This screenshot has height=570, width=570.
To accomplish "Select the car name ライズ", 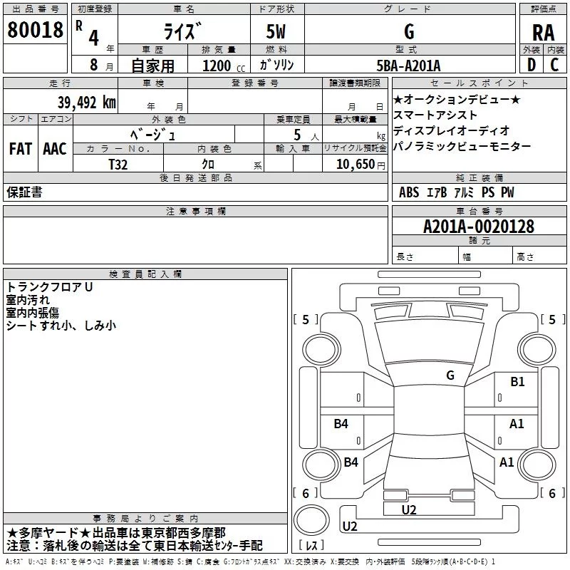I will [x=185, y=32].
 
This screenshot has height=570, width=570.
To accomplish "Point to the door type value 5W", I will [x=276, y=32].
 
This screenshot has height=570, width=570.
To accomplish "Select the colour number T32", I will [x=118, y=164].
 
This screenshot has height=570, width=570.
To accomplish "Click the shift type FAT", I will [x=20, y=149].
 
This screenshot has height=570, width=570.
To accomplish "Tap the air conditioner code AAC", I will [x=55, y=149].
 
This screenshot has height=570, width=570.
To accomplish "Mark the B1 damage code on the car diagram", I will [x=517, y=382].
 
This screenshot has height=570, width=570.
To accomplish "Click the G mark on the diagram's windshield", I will [x=450, y=375].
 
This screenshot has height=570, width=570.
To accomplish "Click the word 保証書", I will [x=24, y=192].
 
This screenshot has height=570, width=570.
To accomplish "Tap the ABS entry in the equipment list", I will [x=409, y=192].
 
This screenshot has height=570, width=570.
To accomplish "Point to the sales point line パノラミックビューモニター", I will [x=462, y=146].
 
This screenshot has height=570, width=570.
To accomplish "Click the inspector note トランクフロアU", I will [x=49, y=287].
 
